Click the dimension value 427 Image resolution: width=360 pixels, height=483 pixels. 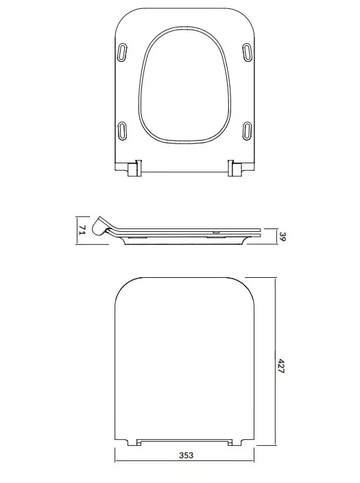click(281, 365)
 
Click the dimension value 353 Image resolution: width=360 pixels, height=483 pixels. click(187, 455)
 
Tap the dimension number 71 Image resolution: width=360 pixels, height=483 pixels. click(82, 230)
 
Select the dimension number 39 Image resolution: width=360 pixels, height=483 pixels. click(282, 237)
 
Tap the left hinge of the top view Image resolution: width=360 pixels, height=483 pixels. click(134, 168)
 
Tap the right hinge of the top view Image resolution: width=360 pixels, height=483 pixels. click(235, 168)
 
